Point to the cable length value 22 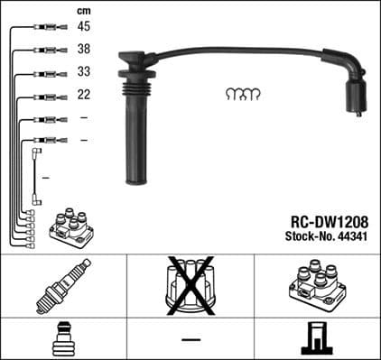click(83, 95)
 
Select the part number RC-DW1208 click(330, 218)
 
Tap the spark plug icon click(63, 286)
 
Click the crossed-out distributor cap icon click(190, 286)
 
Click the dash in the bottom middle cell click(190, 339)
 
